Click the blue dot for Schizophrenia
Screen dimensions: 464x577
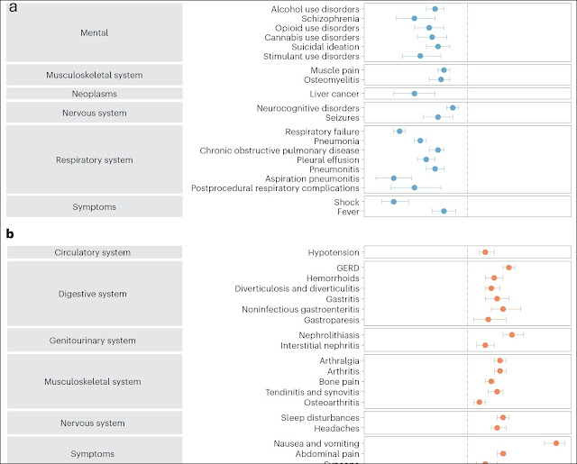tap(415, 18)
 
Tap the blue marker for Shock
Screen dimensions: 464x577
tap(393, 201)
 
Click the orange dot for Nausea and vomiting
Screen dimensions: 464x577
tap(556, 443)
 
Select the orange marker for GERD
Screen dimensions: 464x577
tap(508, 268)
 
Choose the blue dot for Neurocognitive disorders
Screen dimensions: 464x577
tap(453, 107)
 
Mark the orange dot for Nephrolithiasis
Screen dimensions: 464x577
tap(511, 335)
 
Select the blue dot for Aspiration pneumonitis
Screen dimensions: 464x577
tap(393, 178)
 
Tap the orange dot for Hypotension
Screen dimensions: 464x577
tap(484, 252)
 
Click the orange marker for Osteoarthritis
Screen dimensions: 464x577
tap(479, 402)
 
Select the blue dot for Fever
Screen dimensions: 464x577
tap(444, 211)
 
